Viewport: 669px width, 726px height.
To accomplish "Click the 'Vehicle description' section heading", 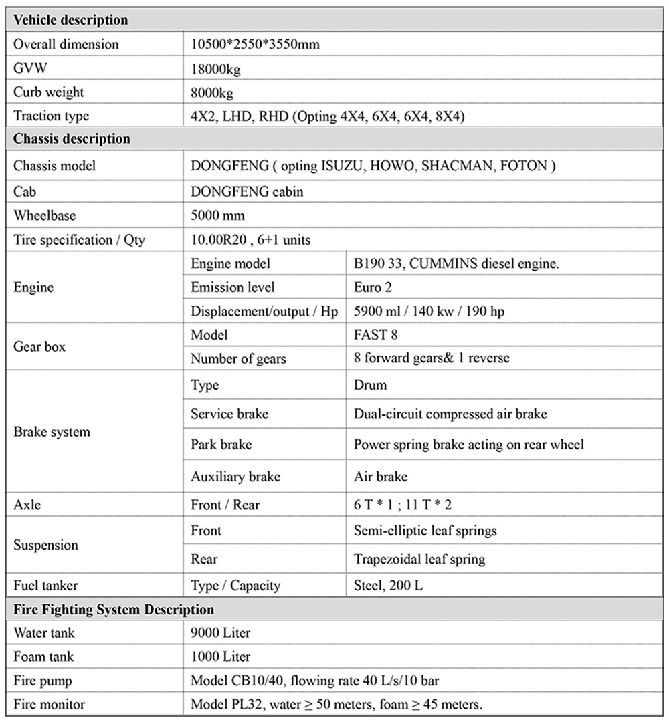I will pyautogui.click(x=70, y=20).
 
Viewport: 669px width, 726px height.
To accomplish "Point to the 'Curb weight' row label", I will pyautogui.click(x=49, y=92).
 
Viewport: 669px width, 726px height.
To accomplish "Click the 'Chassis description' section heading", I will pyautogui.click(x=72, y=140).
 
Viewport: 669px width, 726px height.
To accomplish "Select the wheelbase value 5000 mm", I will pyautogui.click(x=217, y=216).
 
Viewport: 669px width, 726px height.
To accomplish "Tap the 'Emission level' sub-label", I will pyautogui.click(x=232, y=287).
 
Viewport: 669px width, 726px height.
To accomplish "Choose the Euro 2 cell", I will pyautogui.click(x=373, y=287).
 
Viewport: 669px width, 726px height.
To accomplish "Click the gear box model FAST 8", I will pyautogui.click(x=380, y=335).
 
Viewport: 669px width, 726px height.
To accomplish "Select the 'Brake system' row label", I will pyautogui.click(x=52, y=432).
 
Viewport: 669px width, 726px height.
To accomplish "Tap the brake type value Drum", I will pyautogui.click(x=370, y=386).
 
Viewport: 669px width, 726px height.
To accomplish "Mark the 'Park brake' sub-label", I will pyautogui.click(x=221, y=445).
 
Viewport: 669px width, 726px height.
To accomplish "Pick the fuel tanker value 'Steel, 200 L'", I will pyautogui.click(x=388, y=586).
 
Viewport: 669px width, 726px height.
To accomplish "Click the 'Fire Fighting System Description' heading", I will pyautogui.click(x=114, y=610).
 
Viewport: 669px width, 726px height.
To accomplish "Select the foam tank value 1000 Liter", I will pyautogui.click(x=221, y=657).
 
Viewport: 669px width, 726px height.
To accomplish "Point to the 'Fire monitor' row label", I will pyautogui.click(x=49, y=705).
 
